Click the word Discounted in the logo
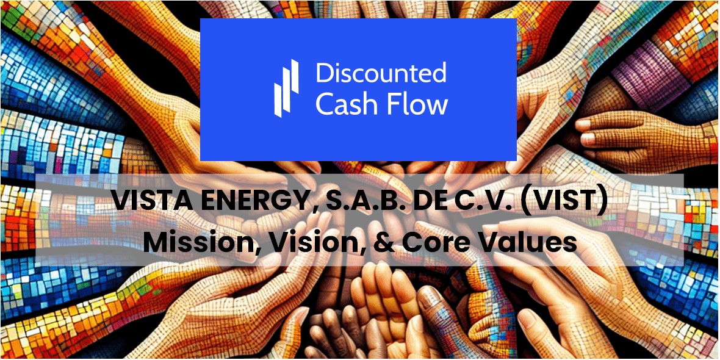pyautogui.click(x=381, y=74)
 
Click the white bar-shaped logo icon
pyautogui.click(x=286, y=88)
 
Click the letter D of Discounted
pyautogui.click(x=324, y=74)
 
